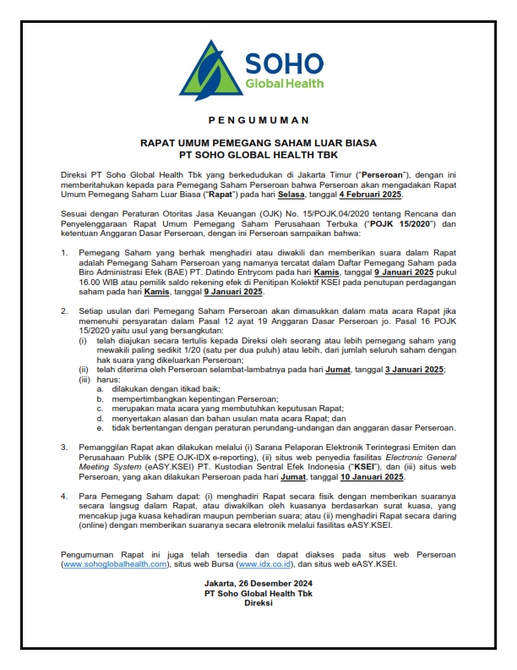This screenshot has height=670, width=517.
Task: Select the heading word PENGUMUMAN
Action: [258, 120]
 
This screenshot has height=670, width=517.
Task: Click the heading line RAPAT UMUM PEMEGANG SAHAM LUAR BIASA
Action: [258, 144]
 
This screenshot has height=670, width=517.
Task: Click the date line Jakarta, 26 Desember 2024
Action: [258, 584]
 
